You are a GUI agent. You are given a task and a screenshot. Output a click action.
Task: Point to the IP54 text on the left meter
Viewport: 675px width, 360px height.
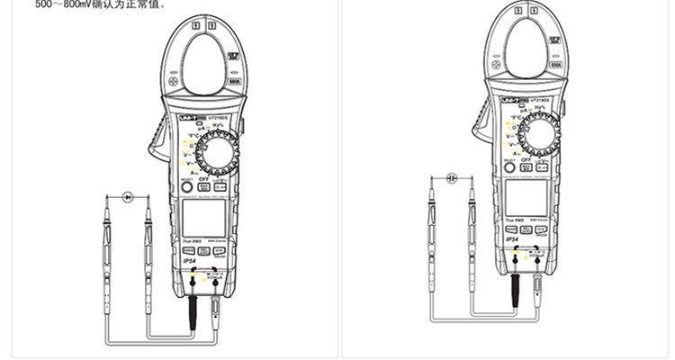click(x=190, y=261)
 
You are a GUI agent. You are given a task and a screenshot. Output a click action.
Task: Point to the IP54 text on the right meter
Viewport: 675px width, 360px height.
click(x=513, y=240)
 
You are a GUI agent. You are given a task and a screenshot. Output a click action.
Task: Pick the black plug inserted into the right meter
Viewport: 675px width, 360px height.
click(x=517, y=289)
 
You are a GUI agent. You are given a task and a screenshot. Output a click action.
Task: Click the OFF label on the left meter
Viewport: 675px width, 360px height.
click(x=204, y=179)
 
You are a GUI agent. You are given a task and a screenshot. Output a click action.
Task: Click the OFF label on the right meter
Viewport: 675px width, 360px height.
click(x=527, y=162)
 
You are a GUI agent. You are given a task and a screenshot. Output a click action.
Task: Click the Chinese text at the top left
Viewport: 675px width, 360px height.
click(x=88, y=5)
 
